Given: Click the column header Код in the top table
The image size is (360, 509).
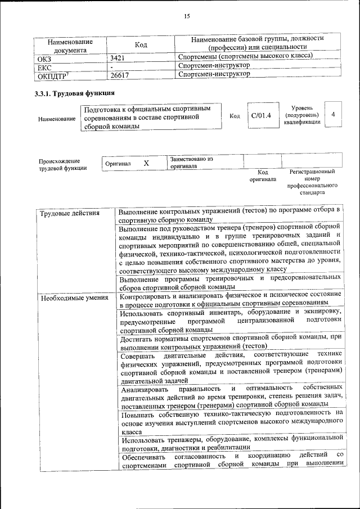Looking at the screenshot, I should (x=141, y=45).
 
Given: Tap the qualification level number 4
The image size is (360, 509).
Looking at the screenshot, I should (x=334, y=115).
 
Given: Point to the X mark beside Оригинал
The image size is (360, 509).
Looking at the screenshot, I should (x=146, y=163).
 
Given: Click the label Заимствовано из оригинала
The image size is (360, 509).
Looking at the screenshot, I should (x=191, y=163).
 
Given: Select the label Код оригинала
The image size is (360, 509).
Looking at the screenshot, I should (x=263, y=176).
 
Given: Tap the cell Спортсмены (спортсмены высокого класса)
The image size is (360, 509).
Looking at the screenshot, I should (x=245, y=56).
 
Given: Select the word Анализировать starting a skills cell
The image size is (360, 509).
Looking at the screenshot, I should (x=143, y=389).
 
